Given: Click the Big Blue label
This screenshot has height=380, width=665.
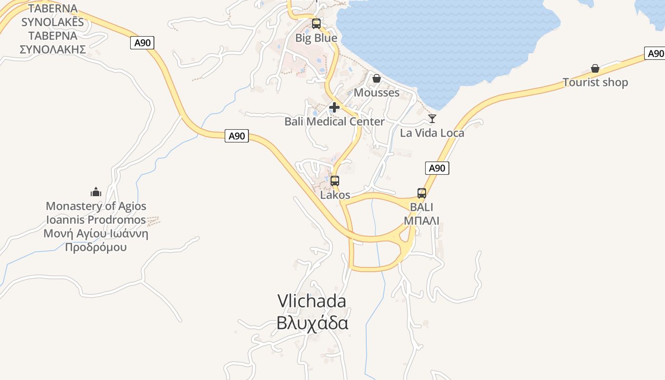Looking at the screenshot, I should [x=316, y=38].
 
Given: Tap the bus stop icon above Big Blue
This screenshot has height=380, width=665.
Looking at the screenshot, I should [x=316, y=23].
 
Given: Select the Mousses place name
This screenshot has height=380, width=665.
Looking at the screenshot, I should [x=376, y=93].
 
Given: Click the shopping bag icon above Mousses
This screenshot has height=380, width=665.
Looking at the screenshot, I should [x=376, y=78].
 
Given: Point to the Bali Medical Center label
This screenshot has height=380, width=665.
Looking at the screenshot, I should [x=334, y=122].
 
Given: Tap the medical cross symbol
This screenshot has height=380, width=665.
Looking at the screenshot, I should [x=334, y=107].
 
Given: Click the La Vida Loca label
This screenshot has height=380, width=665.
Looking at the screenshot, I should [x=432, y=133].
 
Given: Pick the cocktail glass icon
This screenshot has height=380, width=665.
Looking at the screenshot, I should [x=432, y=118].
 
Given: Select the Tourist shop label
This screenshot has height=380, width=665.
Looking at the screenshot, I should [x=595, y=83].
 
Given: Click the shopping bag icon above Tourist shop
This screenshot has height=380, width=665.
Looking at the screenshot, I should [x=595, y=68].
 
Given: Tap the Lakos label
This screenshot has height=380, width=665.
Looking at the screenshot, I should [x=335, y=195].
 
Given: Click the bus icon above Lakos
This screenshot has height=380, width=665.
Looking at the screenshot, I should [x=335, y=180].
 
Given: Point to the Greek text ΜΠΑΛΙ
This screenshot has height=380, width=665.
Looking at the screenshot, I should [x=421, y=220].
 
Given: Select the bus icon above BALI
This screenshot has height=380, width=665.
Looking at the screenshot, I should [x=421, y=193].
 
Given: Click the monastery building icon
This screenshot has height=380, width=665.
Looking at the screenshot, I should [x=96, y=192].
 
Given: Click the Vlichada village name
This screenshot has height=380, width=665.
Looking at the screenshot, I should [x=312, y=301].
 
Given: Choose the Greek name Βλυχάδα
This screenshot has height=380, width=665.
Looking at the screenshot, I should [x=312, y=323].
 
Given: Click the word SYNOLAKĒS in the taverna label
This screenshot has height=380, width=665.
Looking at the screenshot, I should [x=52, y=22].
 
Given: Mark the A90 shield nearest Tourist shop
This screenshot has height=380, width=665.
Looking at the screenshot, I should [x=655, y=53].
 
